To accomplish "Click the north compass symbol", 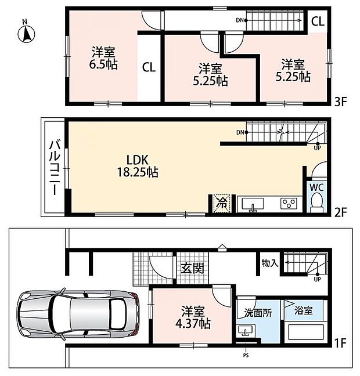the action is click(26, 32).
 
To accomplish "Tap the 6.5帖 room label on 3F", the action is click(103, 58).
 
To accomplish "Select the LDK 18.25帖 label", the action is click(138, 166).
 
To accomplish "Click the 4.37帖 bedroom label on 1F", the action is click(193, 317).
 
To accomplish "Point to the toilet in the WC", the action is click(316, 202).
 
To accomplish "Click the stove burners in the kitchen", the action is click(289, 203).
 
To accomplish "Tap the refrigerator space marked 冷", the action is click(222, 203).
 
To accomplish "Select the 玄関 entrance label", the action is click(192, 268).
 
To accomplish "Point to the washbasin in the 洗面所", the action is click(246, 331).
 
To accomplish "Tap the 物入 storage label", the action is click(270, 263).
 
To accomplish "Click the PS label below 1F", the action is click(246, 355).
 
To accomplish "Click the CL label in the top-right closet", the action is click(318, 21).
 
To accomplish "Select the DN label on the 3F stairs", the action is click(240, 20).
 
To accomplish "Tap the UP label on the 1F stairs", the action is click(317, 279).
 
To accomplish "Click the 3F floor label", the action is click(341, 102).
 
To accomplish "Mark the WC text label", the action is click(316, 187).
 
